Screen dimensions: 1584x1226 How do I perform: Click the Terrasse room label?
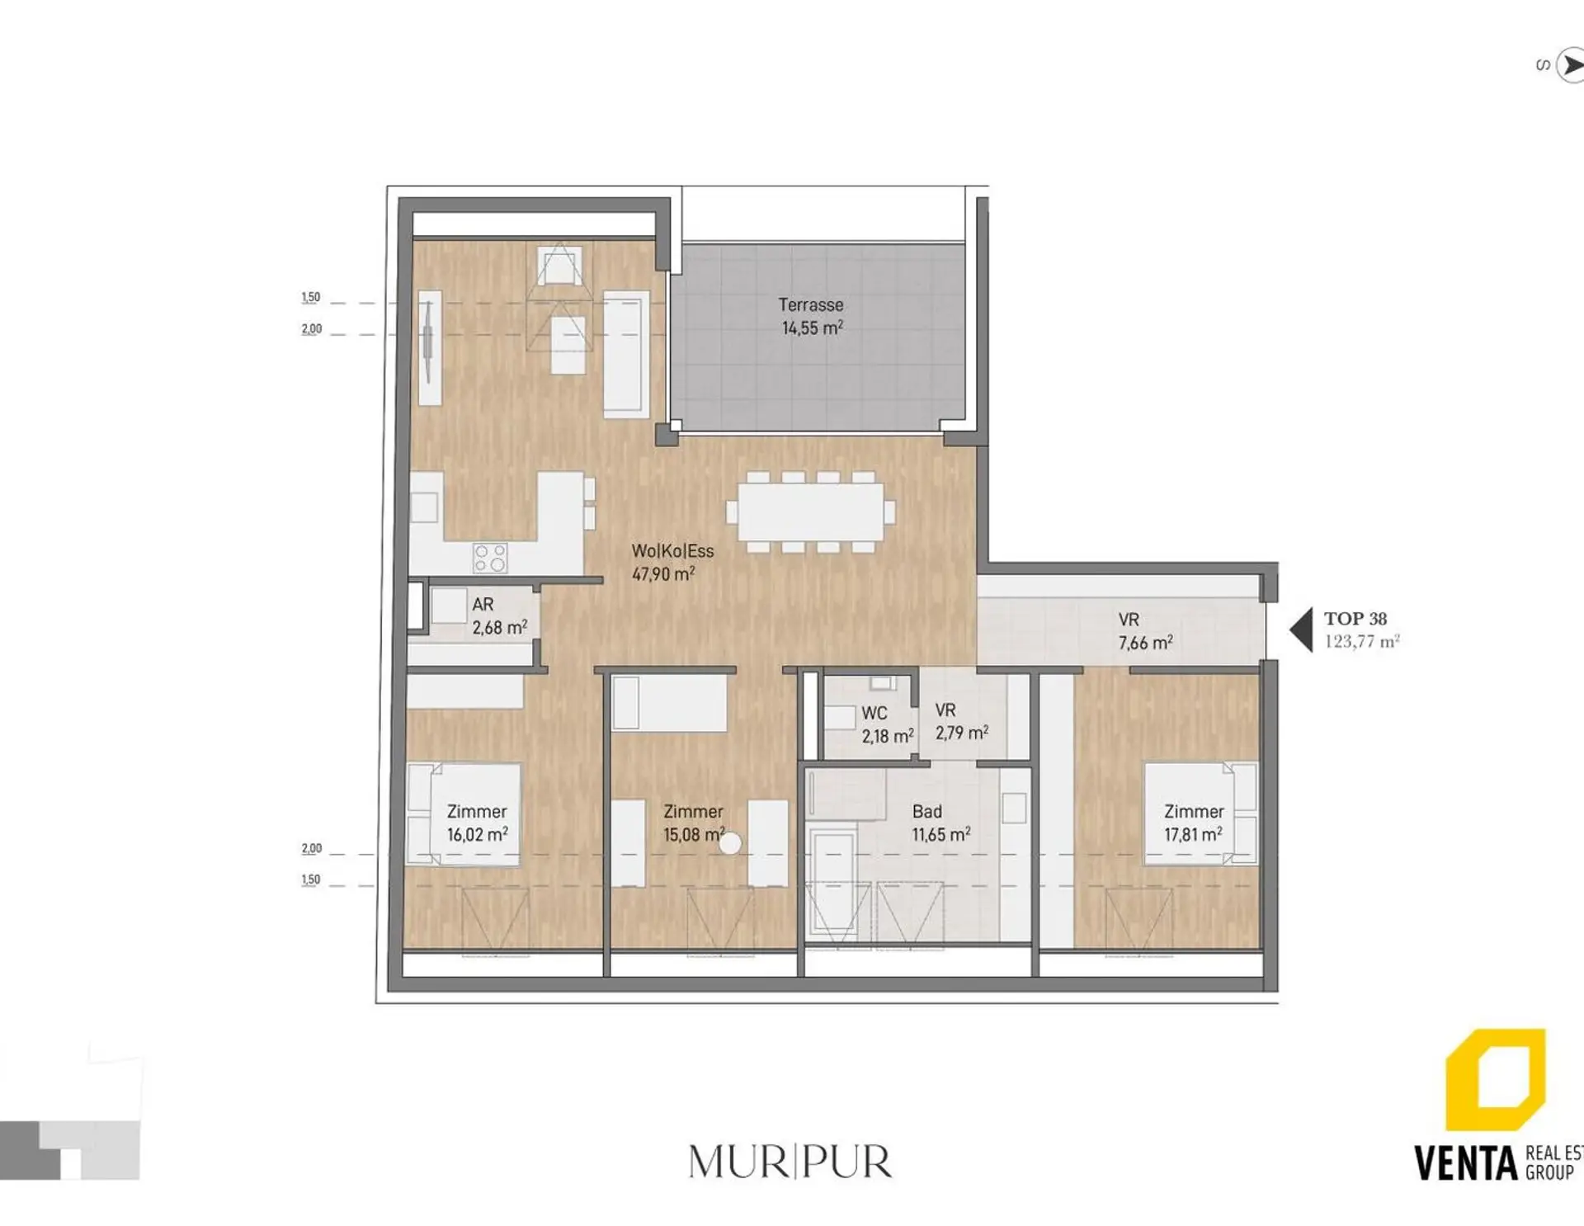click(x=811, y=304)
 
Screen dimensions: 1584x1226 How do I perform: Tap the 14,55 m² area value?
click(x=813, y=328)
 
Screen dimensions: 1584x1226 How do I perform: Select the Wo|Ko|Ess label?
click(x=672, y=551)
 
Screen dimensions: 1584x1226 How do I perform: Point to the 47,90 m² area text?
click(x=663, y=573)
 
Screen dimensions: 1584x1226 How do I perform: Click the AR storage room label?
click(x=483, y=605)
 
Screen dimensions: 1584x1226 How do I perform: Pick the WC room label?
click(x=874, y=713)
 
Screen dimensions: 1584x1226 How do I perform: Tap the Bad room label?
click(x=927, y=812)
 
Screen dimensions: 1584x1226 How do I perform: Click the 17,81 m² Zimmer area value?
click(x=1193, y=835)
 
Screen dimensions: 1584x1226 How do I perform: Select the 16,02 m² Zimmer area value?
click(x=478, y=834)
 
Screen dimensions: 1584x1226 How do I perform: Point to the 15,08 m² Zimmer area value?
click(x=694, y=834)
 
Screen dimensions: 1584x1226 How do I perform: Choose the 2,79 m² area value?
click(x=962, y=733)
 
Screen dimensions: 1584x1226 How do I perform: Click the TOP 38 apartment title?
click(x=1355, y=619)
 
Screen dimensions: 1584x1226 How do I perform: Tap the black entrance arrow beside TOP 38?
click(x=1302, y=630)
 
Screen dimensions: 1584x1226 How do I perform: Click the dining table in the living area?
click(x=811, y=512)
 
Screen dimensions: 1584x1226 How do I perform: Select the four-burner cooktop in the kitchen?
click(x=489, y=558)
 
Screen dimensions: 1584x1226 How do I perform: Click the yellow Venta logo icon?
click(x=1495, y=1079)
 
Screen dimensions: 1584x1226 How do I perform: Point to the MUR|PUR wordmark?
click(x=790, y=1162)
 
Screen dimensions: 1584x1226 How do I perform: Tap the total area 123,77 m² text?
click(x=1362, y=641)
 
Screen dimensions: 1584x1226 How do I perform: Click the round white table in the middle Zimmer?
click(x=730, y=843)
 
